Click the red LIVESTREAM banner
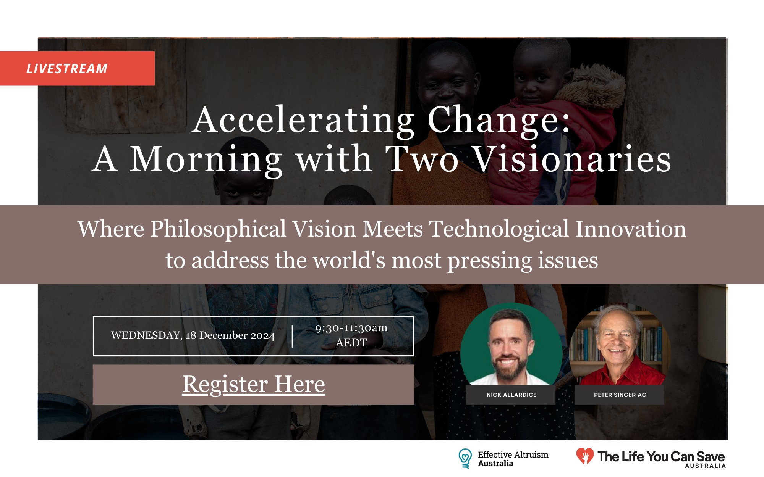click(x=77, y=68)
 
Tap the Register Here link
click(x=254, y=384)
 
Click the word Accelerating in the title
click(x=303, y=121)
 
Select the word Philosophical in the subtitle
click(x=218, y=229)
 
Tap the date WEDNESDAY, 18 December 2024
click(x=193, y=335)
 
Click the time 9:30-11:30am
click(x=351, y=328)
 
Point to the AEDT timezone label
click(x=351, y=343)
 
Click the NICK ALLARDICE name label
click(x=511, y=395)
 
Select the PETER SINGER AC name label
click(x=619, y=395)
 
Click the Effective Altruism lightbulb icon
click(x=465, y=458)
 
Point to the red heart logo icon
click(x=585, y=456)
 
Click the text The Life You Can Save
click(x=661, y=456)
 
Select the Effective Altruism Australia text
click(x=513, y=459)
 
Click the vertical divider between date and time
click(x=292, y=336)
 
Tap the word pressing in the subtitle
click(x=489, y=261)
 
